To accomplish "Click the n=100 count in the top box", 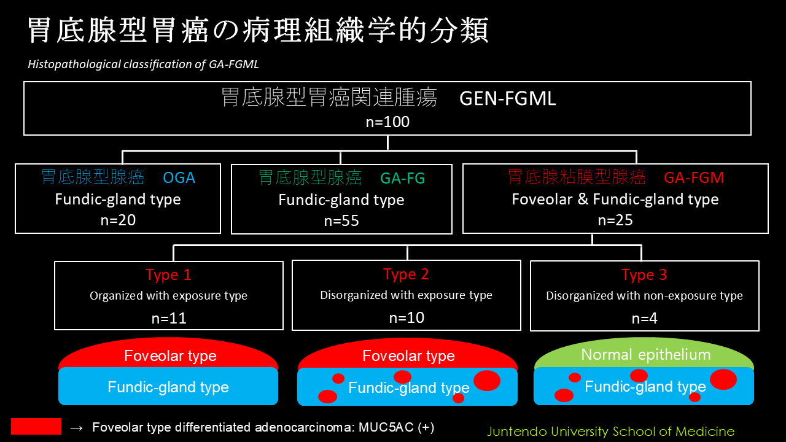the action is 387,122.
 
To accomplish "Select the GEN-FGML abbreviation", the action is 508,98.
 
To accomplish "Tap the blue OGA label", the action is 179,178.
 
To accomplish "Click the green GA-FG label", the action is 402,178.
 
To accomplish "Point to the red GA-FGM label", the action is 694,177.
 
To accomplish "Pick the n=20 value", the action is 118,220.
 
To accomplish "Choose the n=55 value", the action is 341,221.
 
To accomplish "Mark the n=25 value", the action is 615,220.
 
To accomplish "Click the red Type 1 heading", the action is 168,274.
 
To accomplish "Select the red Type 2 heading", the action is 406,274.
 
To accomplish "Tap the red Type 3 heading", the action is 644,274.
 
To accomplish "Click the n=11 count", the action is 169,318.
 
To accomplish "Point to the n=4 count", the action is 644,318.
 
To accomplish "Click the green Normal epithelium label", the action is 646,355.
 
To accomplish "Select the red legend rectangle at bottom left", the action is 36,426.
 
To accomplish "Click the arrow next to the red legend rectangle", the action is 77,428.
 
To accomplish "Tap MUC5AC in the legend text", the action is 386,427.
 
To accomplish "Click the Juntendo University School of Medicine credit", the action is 610,431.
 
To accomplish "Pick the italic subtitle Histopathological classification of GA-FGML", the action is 143,64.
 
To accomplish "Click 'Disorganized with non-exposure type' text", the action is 644,296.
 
